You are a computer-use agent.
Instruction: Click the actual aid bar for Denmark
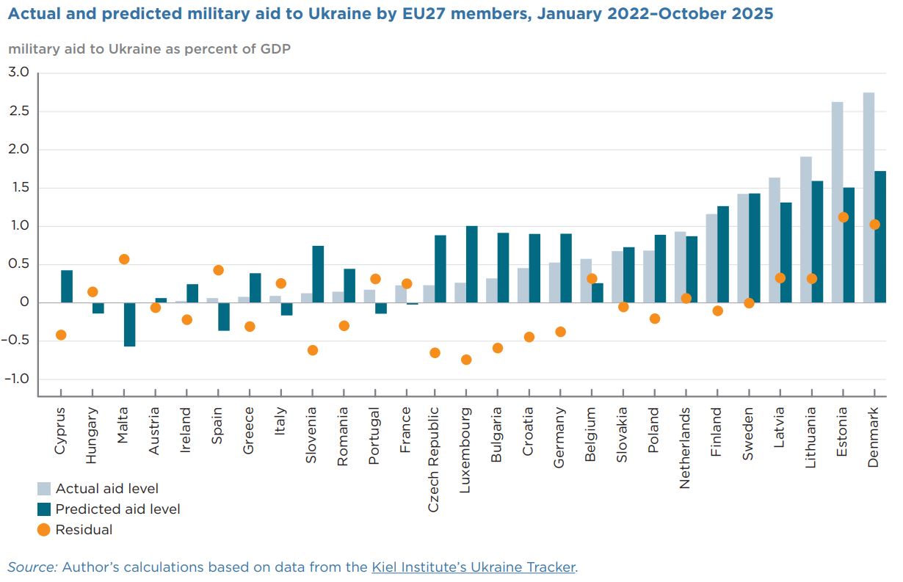868,197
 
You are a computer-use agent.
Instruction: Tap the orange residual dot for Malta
124,259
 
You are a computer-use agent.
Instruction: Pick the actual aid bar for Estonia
837,202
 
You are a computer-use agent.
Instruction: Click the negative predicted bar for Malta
129,324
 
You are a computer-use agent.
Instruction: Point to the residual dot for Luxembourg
466,360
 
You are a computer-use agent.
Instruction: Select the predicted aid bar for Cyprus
67,286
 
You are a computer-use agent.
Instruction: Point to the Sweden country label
748,434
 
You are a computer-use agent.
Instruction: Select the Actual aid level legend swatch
44,489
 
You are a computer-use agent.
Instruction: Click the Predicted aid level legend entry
117,509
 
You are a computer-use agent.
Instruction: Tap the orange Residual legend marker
44,530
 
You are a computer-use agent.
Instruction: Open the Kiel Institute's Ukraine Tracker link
474,567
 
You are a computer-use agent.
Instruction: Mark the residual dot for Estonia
843,217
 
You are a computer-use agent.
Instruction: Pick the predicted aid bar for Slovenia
318,274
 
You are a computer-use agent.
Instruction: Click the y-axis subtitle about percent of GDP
149,49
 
